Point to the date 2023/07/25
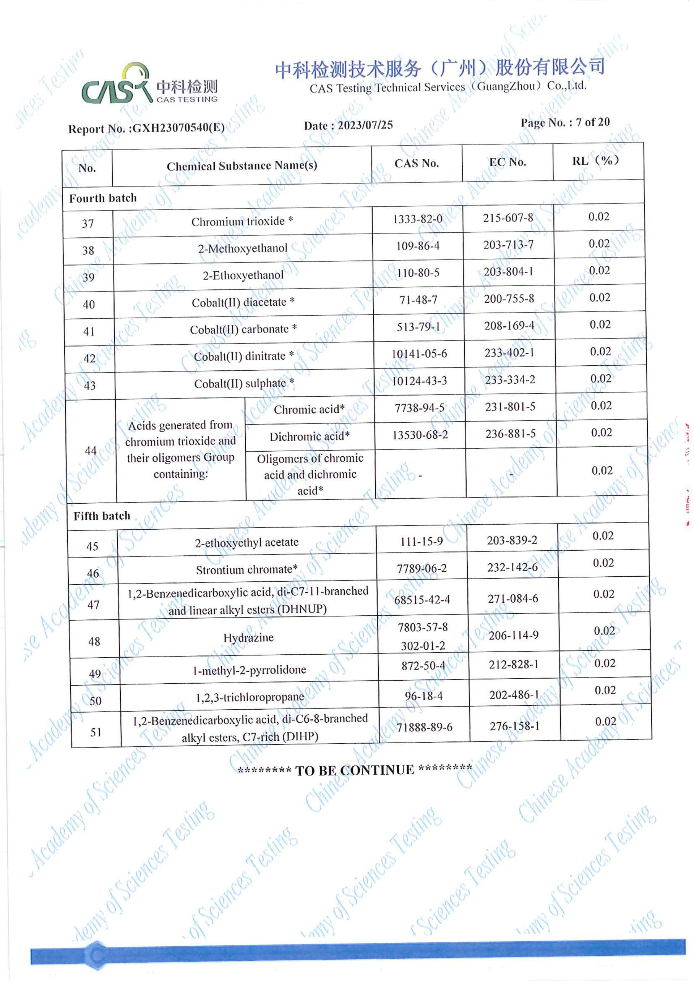pos(365,125)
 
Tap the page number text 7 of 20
pos(592,122)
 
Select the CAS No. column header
pos(416,164)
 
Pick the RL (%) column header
pos(596,161)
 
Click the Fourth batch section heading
pos(103,198)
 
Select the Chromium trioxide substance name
pos(242,221)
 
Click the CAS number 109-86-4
pos(417,246)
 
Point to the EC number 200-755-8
pos(509,299)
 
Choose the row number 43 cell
pos(90,386)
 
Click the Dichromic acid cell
pos(309,436)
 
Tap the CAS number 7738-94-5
pos(419,408)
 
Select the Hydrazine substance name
pos(248,638)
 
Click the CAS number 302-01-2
pos(423,646)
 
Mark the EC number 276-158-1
pos(514,726)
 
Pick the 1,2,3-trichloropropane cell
pos(250,697)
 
